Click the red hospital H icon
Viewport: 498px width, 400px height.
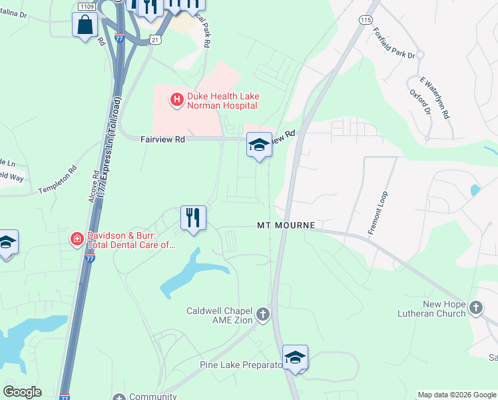pos(177,101)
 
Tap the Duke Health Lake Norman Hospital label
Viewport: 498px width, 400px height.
pos(223,101)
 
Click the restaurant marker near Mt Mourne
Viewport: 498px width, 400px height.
pos(193,217)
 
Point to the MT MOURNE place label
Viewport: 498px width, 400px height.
pos(286,226)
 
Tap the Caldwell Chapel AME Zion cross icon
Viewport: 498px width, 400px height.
pos(263,314)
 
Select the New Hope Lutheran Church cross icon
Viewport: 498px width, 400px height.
pos(475,307)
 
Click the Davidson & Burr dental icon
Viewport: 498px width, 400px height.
pos(78,238)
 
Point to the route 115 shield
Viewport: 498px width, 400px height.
pos(365,21)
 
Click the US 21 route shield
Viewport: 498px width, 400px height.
pos(154,40)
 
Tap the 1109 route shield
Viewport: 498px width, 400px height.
pos(86,6)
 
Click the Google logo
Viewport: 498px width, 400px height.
pos(23,392)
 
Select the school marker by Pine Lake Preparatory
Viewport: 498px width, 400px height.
pos(294,357)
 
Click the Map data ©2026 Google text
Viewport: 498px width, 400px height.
pos(456,395)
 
